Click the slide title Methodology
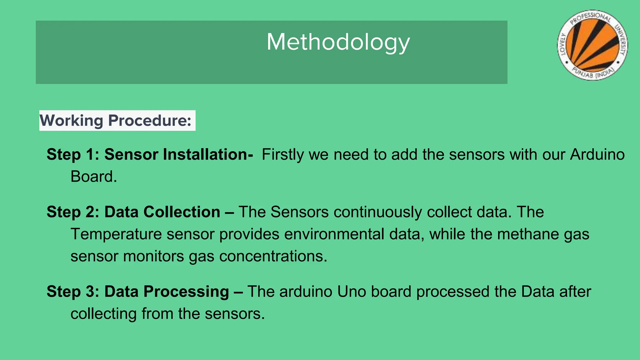pyautogui.click(x=338, y=42)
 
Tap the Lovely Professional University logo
pyautogui.click(x=592, y=45)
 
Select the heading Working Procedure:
pyautogui.click(x=116, y=121)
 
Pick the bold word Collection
pyautogui.click(x=182, y=212)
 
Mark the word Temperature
pyautogui.click(x=116, y=234)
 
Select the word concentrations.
pyautogui.click(x=273, y=256)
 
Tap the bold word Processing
pyautogui.click(x=186, y=292)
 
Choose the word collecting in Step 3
pyautogui.click(x=103, y=314)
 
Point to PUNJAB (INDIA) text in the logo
pyautogui.click(x=593, y=73)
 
